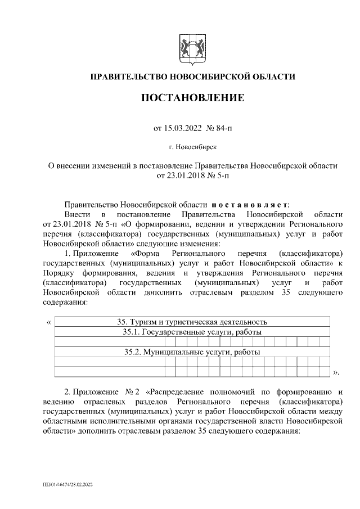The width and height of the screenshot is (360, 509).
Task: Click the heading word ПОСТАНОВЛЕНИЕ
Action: click(192, 98)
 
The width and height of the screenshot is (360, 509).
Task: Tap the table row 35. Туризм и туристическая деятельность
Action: click(191, 322)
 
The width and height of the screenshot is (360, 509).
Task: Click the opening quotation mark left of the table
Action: click(48, 323)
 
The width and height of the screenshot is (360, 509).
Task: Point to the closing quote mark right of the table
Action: click(336, 372)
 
